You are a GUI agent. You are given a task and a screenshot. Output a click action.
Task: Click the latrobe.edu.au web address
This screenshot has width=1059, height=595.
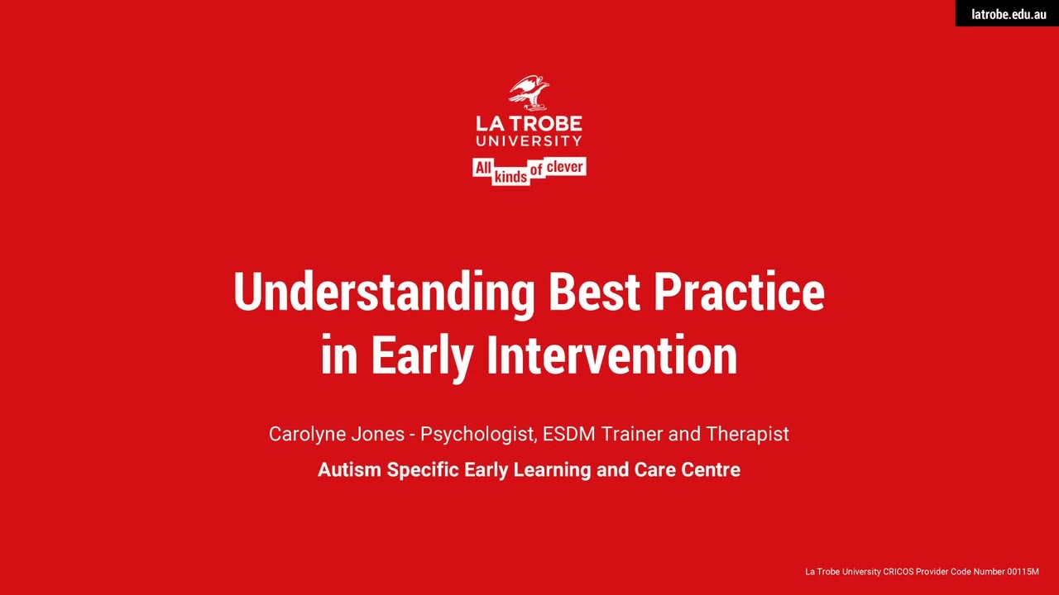click(x=1009, y=14)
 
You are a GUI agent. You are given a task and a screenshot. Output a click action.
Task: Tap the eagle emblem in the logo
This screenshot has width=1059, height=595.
click(x=529, y=93)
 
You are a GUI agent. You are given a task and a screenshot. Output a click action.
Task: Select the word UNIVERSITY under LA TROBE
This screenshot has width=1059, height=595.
click(x=529, y=140)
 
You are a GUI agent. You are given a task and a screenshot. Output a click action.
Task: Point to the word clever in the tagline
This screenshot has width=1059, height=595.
click(x=564, y=167)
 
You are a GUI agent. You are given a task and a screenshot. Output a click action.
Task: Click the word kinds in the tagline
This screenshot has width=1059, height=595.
click(x=510, y=177)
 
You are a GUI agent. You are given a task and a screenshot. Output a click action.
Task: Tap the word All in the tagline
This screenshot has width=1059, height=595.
click(x=482, y=168)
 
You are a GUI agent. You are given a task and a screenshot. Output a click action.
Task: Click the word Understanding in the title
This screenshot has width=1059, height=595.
click(x=384, y=293)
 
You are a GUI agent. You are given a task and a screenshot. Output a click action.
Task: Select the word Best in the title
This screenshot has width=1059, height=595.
click(x=594, y=292)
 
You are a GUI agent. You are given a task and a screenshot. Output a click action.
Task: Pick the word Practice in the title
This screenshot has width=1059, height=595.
click(x=740, y=292)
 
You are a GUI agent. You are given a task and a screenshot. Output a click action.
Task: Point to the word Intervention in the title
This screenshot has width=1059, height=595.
click(x=611, y=355)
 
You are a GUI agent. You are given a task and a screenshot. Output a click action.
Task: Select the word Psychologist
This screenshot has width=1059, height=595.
click(x=478, y=435)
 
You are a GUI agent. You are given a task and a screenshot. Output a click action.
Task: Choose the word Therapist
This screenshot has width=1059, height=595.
click(x=747, y=435)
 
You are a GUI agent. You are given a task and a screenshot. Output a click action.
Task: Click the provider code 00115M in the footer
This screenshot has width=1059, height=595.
click(x=1023, y=572)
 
